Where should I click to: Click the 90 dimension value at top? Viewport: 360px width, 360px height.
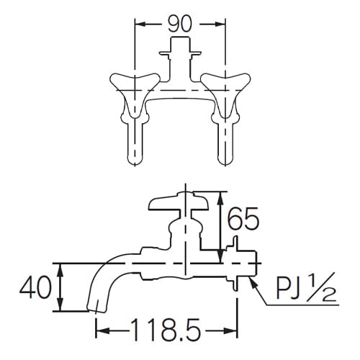click(x=179, y=23)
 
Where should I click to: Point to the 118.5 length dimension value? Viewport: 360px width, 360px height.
click(x=167, y=331)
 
